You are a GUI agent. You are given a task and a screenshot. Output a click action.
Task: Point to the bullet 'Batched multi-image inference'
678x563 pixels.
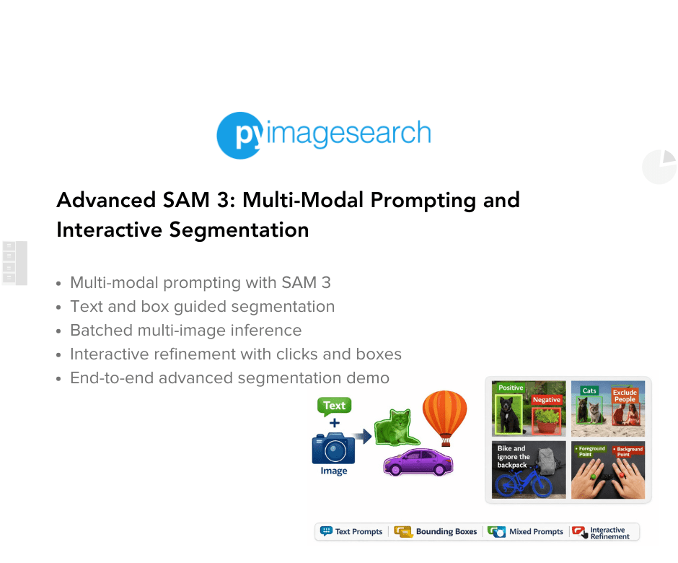(185, 331)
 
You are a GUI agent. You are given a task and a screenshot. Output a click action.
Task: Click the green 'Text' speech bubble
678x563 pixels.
(334, 406)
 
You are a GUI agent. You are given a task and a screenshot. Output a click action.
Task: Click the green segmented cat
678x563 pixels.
(395, 429)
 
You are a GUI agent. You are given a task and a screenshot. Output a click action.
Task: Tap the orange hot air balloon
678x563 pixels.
(445, 417)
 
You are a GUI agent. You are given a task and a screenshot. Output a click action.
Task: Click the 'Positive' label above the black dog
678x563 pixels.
(511, 388)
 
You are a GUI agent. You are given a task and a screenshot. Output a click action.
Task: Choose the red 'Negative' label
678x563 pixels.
(546, 400)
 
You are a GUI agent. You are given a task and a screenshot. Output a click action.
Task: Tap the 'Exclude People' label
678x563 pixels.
(625, 396)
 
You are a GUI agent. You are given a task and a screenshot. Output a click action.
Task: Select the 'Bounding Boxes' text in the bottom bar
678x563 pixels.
(446, 532)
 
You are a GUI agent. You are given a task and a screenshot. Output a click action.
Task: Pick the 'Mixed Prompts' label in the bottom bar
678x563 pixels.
(536, 532)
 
